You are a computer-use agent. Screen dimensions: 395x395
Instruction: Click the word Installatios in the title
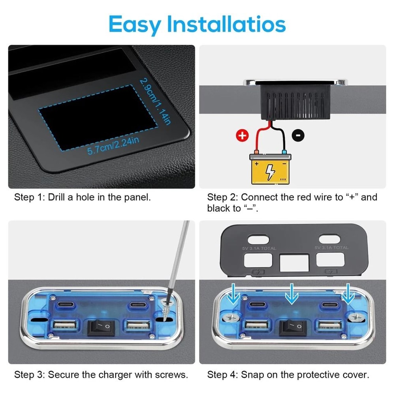pyautogui.click(x=226, y=24)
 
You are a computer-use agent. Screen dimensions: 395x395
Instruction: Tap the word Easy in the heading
pyautogui.click(x=135, y=24)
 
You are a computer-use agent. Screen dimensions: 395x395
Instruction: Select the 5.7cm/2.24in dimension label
pyautogui.click(x=114, y=145)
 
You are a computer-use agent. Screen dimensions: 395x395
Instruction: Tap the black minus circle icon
pyautogui.click(x=298, y=135)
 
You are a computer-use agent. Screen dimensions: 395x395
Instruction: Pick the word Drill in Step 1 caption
pyautogui.click(x=58, y=197)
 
